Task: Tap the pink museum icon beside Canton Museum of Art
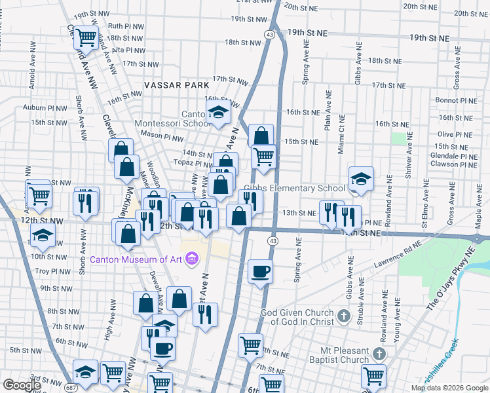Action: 192,259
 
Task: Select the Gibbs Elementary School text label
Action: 294,189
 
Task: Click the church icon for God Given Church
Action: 343,318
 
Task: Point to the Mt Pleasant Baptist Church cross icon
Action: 378,354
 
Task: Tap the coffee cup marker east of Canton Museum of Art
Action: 261,271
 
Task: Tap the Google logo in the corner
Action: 22,385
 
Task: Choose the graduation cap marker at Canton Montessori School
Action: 218,113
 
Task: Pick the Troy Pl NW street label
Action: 51,271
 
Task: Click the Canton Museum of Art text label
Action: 136,259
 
